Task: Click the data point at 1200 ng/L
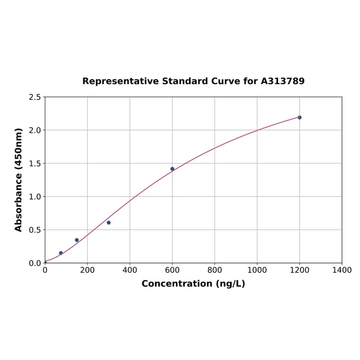click(299, 117)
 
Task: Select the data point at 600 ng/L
click(172, 169)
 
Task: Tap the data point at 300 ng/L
click(109, 222)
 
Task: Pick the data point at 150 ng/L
click(77, 240)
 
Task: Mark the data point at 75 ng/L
click(61, 253)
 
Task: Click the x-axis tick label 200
click(87, 270)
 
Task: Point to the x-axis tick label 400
click(130, 270)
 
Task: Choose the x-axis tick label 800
click(214, 270)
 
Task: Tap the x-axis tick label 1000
click(257, 270)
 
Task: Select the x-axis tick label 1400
click(342, 270)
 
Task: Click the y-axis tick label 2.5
click(35, 97)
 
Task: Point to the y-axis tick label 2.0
click(35, 130)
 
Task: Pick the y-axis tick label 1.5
click(35, 164)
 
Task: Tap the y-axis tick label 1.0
click(35, 196)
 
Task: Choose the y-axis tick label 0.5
click(35, 230)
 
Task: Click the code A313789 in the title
click(283, 81)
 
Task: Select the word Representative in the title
click(120, 81)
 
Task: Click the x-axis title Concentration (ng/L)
click(193, 284)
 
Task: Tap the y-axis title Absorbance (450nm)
click(19, 180)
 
